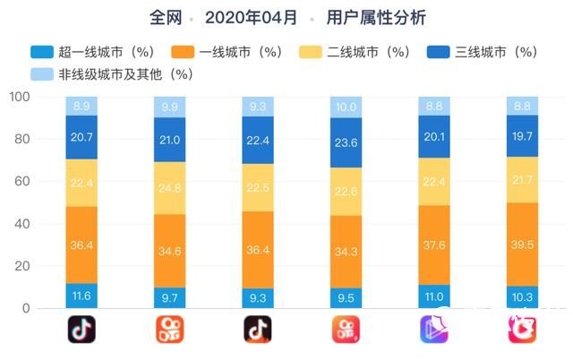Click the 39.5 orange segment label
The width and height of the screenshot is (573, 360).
(x=521, y=244)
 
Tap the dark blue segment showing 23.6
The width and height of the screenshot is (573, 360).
(x=346, y=141)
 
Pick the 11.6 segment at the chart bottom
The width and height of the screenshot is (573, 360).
(x=81, y=296)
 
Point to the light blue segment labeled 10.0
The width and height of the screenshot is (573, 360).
(x=346, y=107)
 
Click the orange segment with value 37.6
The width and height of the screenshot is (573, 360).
(x=433, y=244)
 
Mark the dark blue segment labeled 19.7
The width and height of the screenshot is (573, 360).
(x=521, y=135)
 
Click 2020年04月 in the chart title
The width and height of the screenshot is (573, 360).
(x=251, y=17)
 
